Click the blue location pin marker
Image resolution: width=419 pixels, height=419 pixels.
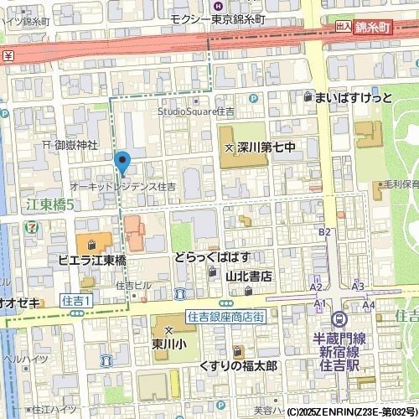pyautogui.click(x=122, y=161)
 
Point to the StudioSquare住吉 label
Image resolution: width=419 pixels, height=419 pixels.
pyautogui.click(x=197, y=111)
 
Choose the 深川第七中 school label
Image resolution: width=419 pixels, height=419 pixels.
pyautogui.click(x=266, y=148)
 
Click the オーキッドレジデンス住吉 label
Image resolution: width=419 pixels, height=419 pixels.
pyautogui.click(x=123, y=186)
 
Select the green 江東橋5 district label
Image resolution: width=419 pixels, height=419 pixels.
pyautogui.click(x=50, y=204)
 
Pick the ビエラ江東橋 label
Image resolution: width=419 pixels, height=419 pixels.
pyautogui.click(x=91, y=261)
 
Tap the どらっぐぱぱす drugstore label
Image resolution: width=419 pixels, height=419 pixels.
pyautogui.click(x=212, y=257)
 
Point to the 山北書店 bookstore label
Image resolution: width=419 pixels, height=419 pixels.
pyautogui.click(x=248, y=275)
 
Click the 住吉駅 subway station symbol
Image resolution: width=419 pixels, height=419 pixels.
pyautogui.click(x=339, y=319)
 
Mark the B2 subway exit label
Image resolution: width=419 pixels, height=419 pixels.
pyautogui.click(x=326, y=231)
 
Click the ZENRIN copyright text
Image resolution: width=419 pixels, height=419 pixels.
pyautogui.click(x=352, y=412)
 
